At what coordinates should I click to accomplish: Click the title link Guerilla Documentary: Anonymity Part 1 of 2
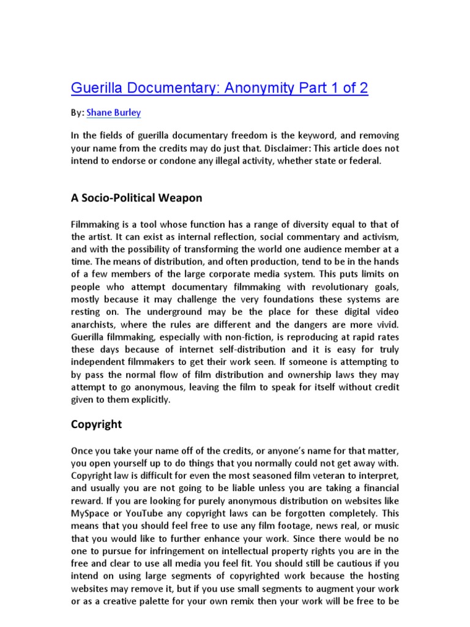point(220,88)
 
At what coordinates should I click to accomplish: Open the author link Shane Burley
point(114,113)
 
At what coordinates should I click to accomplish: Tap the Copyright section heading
point(97,424)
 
